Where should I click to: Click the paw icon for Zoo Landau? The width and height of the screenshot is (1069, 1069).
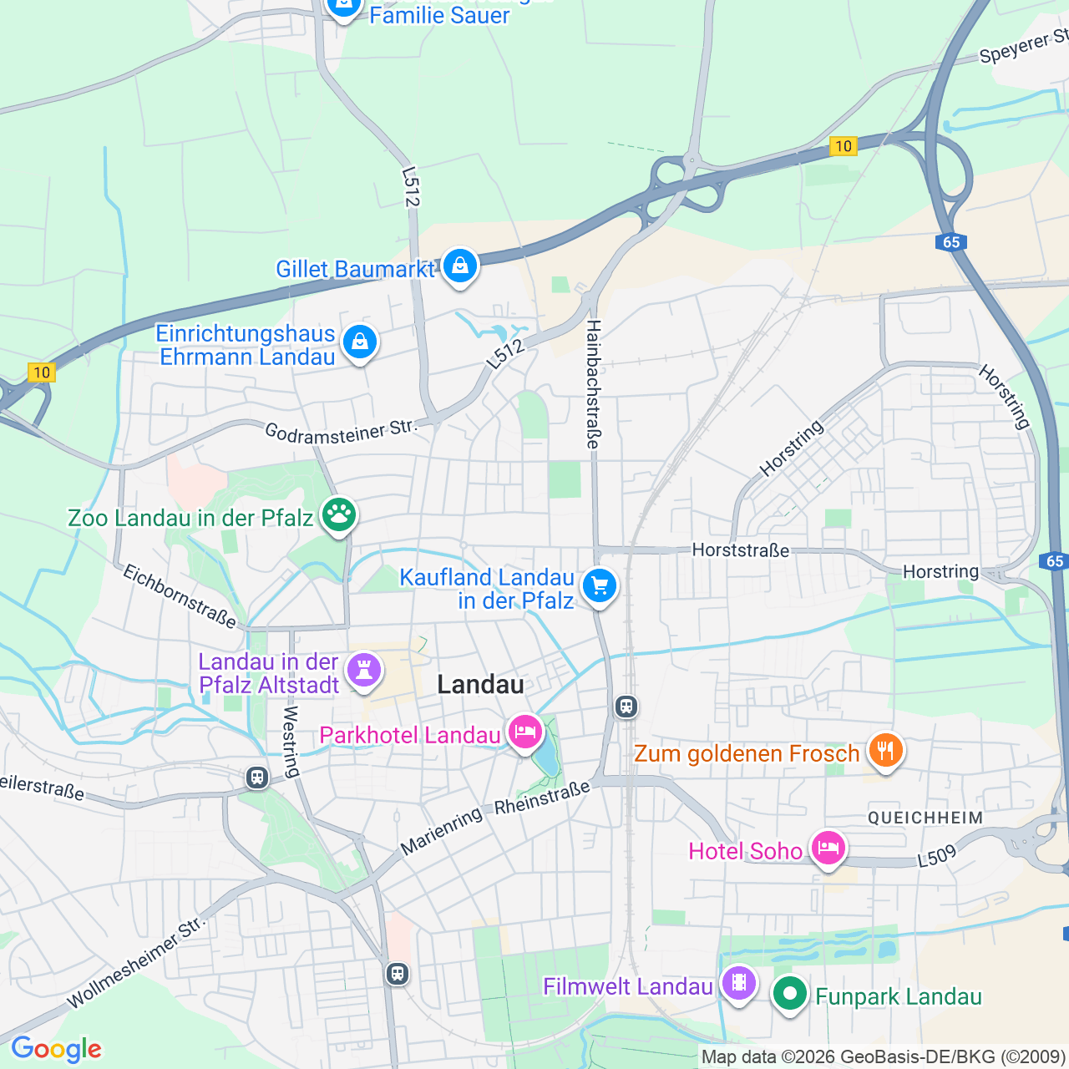click(338, 515)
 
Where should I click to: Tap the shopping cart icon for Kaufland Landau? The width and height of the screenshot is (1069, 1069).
click(600, 585)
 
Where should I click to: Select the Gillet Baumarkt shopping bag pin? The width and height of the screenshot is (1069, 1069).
click(459, 266)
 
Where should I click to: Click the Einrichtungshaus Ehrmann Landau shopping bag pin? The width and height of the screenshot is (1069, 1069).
click(360, 342)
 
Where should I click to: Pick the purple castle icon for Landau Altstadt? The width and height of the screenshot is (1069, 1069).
click(363, 670)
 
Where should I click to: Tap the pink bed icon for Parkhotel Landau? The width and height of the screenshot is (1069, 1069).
click(524, 732)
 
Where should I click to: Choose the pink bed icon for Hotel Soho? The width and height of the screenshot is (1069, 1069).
click(828, 849)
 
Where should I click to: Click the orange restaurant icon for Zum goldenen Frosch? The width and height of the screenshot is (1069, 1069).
click(885, 750)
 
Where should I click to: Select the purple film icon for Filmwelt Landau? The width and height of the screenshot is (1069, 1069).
click(739, 983)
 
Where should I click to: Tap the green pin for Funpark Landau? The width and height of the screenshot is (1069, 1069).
click(789, 994)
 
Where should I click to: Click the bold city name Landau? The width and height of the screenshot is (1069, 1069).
click(481, 685)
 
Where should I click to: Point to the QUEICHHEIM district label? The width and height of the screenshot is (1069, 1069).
click(925, 818)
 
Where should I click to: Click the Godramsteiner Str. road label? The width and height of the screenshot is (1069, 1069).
click(341, 432)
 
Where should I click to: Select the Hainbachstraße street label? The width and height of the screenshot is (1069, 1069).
click(593, 384)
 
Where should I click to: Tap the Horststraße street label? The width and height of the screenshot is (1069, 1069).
click(741, 550)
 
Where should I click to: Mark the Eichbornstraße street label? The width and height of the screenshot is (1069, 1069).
click(180, 595)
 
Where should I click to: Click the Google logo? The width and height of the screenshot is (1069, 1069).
click(56, 1049)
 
